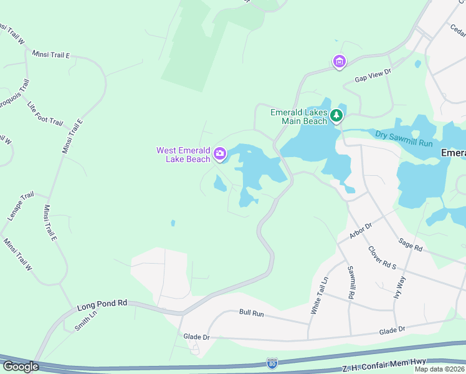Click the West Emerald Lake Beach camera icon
[219, 153]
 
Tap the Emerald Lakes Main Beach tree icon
[336, 115]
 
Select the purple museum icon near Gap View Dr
[339, 61]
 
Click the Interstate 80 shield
[272, 362]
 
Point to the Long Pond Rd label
[102, 304]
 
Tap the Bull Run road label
[252, 312]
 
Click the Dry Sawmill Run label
[404, 138]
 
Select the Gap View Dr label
[373, 75]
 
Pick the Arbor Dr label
[360, 229]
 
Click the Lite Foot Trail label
[45, 113]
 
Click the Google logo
[20, 366]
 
